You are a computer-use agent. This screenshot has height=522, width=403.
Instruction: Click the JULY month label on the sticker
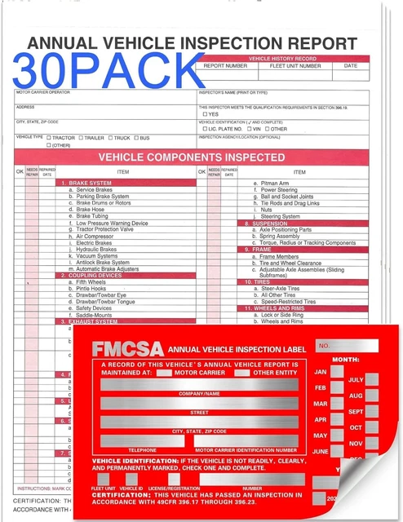356,379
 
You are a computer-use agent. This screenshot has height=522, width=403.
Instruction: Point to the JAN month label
321,371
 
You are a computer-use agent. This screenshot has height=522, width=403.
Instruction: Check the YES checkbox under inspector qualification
205,114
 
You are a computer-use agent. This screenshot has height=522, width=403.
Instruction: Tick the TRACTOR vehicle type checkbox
50,138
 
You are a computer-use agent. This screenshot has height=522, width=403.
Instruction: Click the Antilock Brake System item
102,262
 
